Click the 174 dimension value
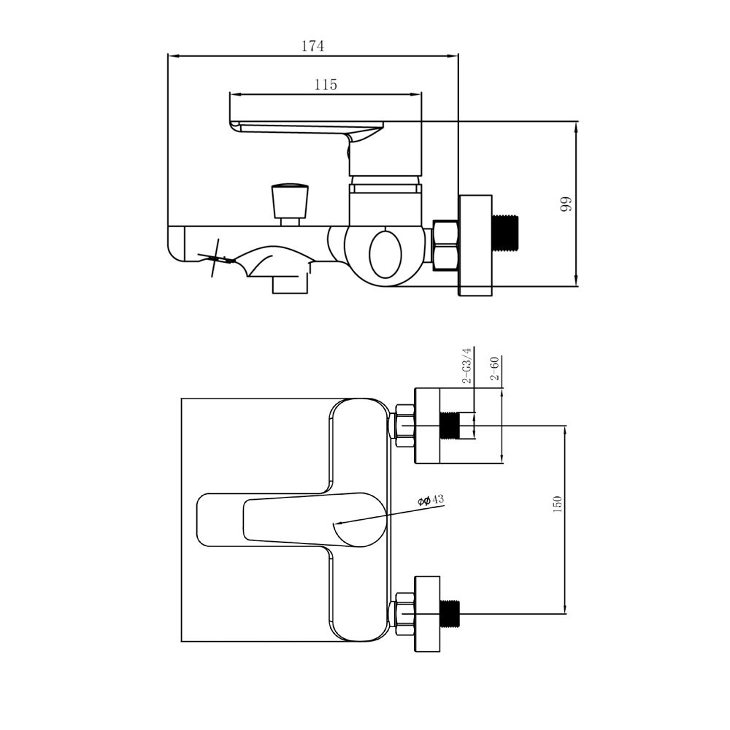(312, 46)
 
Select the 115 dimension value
(326, 85)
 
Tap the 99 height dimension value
(565, 204)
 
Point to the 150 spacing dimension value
(557, 504)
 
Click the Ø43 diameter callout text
(431, 501)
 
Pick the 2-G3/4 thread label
(466, 366)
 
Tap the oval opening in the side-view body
(385, 254)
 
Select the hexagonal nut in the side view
(445, 245)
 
